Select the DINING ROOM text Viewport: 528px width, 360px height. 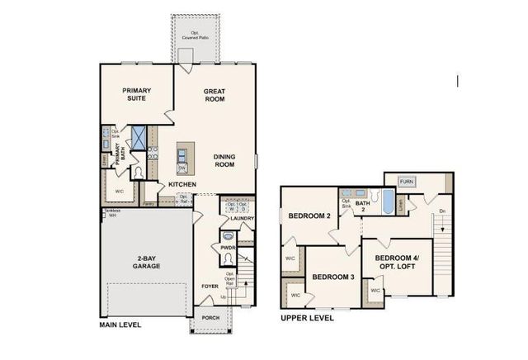224,160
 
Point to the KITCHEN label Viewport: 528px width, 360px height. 181,184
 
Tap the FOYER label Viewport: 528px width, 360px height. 210,287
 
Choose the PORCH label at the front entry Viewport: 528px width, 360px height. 211,319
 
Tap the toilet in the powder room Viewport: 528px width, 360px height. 227,258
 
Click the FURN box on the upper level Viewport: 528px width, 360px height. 406,181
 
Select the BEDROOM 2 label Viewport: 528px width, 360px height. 309,216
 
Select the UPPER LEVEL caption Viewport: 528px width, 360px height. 307,317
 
